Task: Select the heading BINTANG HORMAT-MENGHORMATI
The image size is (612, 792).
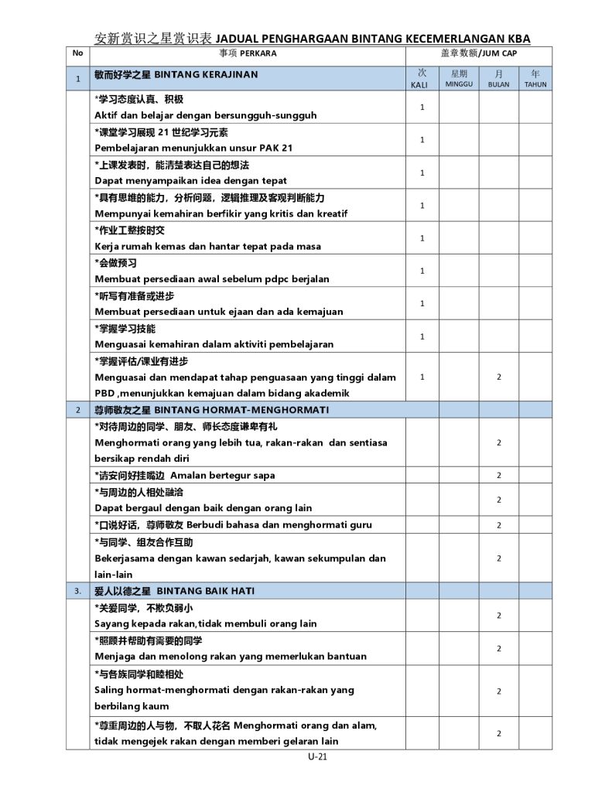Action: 241,409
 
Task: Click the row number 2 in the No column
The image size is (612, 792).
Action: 77,410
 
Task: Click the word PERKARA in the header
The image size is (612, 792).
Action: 258,54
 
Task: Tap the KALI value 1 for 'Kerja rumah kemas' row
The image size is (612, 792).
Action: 422,238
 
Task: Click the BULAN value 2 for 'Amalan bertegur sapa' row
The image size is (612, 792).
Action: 499,476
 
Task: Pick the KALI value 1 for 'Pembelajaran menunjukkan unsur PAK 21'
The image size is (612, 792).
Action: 422,140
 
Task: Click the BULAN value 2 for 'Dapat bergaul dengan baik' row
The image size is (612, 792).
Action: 499,500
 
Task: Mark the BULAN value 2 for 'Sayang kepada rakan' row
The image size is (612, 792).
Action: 499,616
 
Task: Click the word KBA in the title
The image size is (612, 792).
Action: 515,39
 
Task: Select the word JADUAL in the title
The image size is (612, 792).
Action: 236,39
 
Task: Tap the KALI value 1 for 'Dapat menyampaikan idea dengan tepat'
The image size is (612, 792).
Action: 422,173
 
